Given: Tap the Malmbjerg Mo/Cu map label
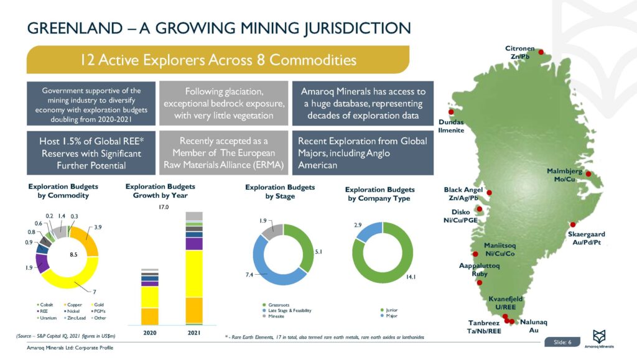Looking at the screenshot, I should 565,175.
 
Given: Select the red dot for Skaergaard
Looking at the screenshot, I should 573,224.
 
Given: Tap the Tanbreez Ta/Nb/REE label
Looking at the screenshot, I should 485,327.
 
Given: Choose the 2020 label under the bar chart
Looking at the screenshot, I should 150,333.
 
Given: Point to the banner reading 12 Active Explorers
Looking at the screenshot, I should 218,60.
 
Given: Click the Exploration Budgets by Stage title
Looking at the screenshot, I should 280,192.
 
